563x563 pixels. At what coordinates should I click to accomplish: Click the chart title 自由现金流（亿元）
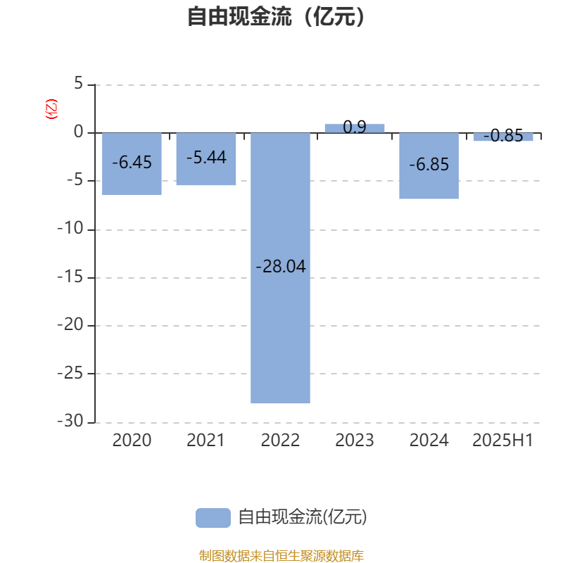point(276,17)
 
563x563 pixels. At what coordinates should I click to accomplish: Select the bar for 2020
point(132,164)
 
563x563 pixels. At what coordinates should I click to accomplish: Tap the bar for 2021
point(206,159)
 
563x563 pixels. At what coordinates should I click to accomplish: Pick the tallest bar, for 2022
point(280,268)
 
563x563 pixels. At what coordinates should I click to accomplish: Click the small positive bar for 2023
point(355,129)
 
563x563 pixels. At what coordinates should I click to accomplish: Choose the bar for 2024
point(429,166)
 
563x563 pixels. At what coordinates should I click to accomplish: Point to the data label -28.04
point(281,267)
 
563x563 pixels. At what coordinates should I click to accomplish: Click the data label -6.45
point(132,163)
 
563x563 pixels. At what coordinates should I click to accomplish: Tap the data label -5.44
point(206,157)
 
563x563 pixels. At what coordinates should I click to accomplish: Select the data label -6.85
point(429,165)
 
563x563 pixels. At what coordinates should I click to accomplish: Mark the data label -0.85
point(503,136)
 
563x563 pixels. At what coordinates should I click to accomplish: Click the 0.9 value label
point(355,127)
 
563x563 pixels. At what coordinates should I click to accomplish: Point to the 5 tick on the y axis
point(79,84)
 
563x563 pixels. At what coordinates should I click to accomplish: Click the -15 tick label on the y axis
point(70,277)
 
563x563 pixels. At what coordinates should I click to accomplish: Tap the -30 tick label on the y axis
point(70,421)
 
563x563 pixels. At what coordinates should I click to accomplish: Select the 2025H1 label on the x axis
point(502,441)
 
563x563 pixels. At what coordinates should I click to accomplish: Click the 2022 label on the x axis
point(280,441)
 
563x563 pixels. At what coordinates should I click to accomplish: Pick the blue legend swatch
point(213,518)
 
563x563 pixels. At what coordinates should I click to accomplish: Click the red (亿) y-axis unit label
point(51,109)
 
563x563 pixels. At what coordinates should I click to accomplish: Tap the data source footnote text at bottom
point(281,555)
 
